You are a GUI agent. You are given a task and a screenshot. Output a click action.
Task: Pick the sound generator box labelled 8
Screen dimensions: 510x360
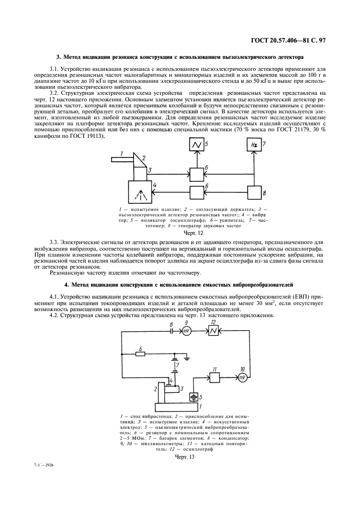254,192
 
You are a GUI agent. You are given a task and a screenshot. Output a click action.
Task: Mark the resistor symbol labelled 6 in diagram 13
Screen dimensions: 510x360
141,354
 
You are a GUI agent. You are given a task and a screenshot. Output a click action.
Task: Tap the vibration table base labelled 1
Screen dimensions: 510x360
177,406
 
